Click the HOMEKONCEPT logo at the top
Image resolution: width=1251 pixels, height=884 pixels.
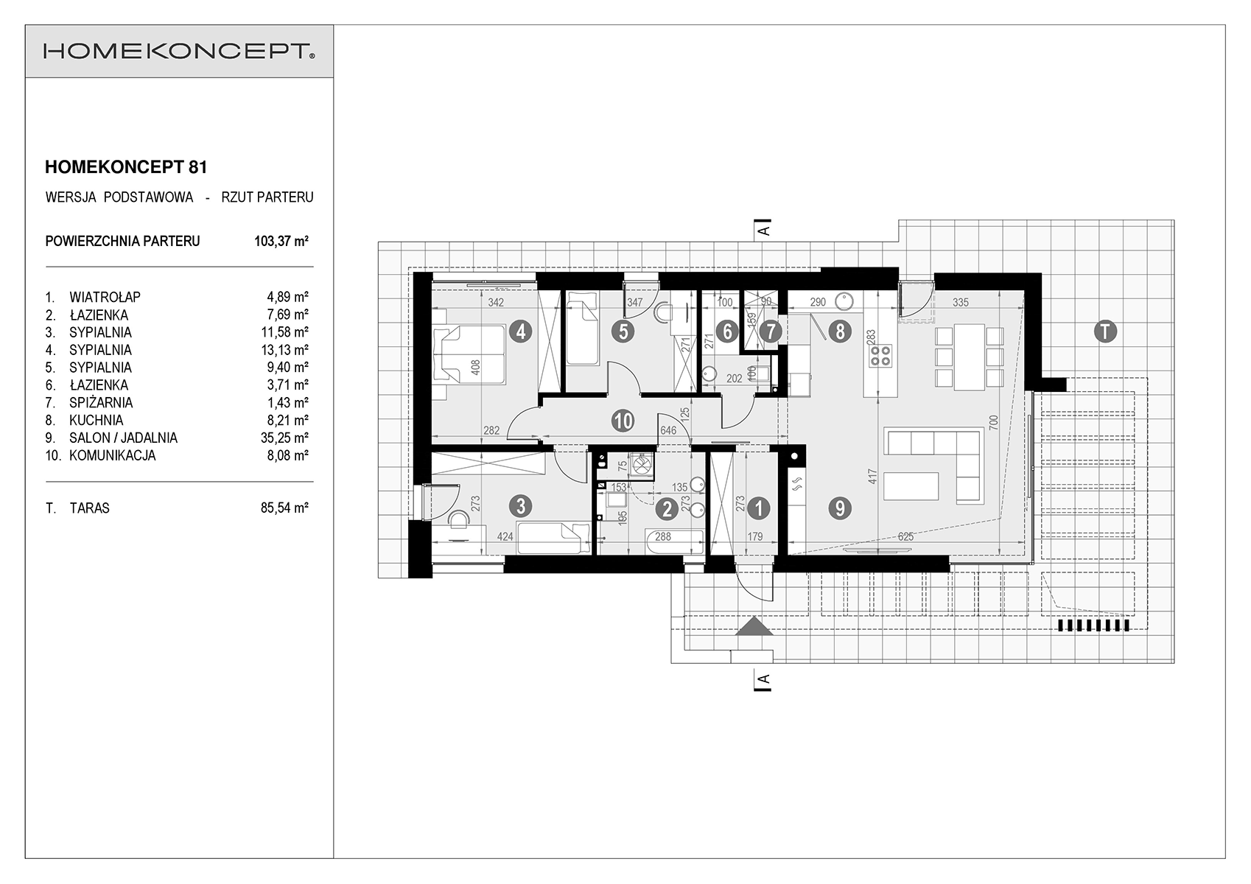[x=179, y=52]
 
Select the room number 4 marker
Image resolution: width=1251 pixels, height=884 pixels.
[x=520, y=332]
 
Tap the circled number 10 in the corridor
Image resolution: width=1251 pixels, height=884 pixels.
[x=623, y=421]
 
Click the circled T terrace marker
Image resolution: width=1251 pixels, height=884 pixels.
[x=1105, y=331]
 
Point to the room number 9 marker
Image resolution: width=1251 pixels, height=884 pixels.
[x=840, y=508]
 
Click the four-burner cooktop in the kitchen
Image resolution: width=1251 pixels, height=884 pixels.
[x=880, y=356]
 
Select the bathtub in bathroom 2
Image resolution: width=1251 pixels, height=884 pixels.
[x=674, y=541]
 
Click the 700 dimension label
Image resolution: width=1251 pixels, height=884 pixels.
[x=992, y=421]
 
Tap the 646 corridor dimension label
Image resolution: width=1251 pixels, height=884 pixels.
[x=668, y=430]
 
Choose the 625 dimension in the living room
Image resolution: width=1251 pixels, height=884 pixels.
[x=905, y=537]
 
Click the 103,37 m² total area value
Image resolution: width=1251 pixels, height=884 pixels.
[x=281, y=241]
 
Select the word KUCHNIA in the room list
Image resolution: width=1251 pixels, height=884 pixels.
[x=96, y=420]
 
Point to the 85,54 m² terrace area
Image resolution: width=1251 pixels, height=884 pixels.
[x=285, y=508]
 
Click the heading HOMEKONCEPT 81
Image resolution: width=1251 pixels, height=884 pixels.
[x=126, y=167]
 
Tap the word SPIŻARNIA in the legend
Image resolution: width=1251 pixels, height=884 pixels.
[x=101, y=403]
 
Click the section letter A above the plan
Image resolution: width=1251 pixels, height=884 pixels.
[x=764, y=230]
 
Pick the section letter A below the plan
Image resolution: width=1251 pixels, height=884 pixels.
[x=764, y=680]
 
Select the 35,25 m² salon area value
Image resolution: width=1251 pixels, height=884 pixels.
[x=285, y=438]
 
